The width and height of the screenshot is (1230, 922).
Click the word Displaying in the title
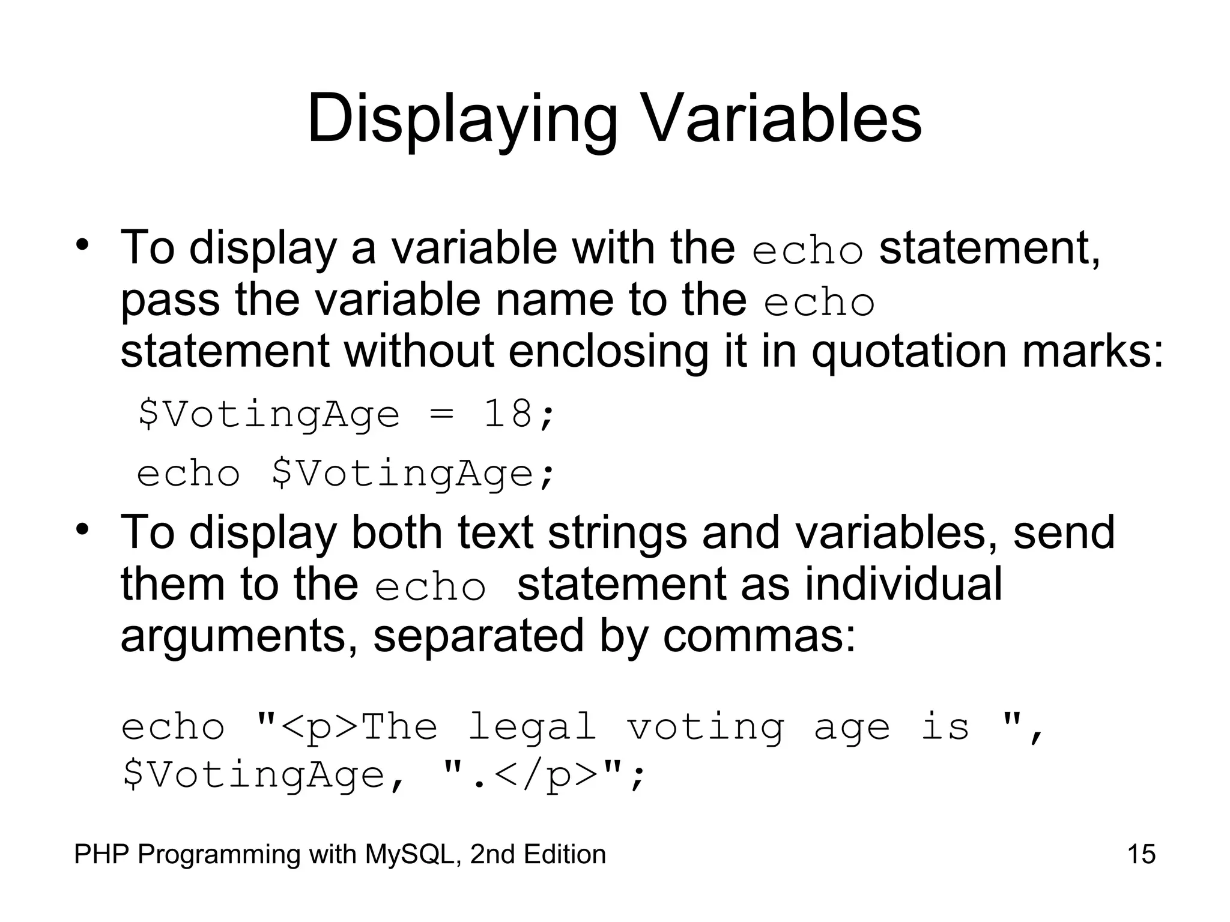462,119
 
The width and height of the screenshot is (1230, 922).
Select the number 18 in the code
508,414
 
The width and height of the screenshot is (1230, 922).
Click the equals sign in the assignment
441,415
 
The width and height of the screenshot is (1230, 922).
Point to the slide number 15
1141,854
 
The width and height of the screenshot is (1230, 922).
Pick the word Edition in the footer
565,854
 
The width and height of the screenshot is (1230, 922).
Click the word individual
903,584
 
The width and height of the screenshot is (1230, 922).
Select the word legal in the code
532,728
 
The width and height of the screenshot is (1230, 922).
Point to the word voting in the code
706,728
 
